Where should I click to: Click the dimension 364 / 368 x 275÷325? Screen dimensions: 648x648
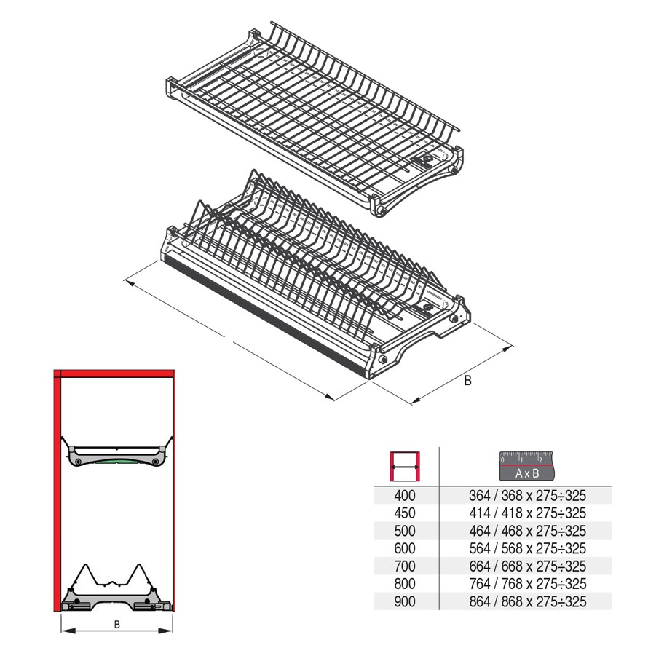pyautogui.click(x=527, y=496)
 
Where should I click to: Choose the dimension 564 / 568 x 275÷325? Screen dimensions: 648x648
pyautogui.click(x=527, y=548)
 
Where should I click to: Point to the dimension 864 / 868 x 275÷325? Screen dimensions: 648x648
pyautogui.click(x=527, y=601)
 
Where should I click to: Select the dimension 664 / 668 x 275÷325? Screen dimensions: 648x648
pyautogui.click(x=527, y=566)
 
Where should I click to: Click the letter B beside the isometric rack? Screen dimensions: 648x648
pyautogui.click(x=468, y=381)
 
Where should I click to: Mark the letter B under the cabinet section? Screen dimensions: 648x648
pyautogui.click(x=116, y=625)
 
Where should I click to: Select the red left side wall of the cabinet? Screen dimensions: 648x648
pyautogui.click(x=58, y=495)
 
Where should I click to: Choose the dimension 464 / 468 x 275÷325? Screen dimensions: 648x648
pyautogui.click(x=527, y=531)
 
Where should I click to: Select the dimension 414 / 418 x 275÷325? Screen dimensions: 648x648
pyautogui.click(x=527, y=513)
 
